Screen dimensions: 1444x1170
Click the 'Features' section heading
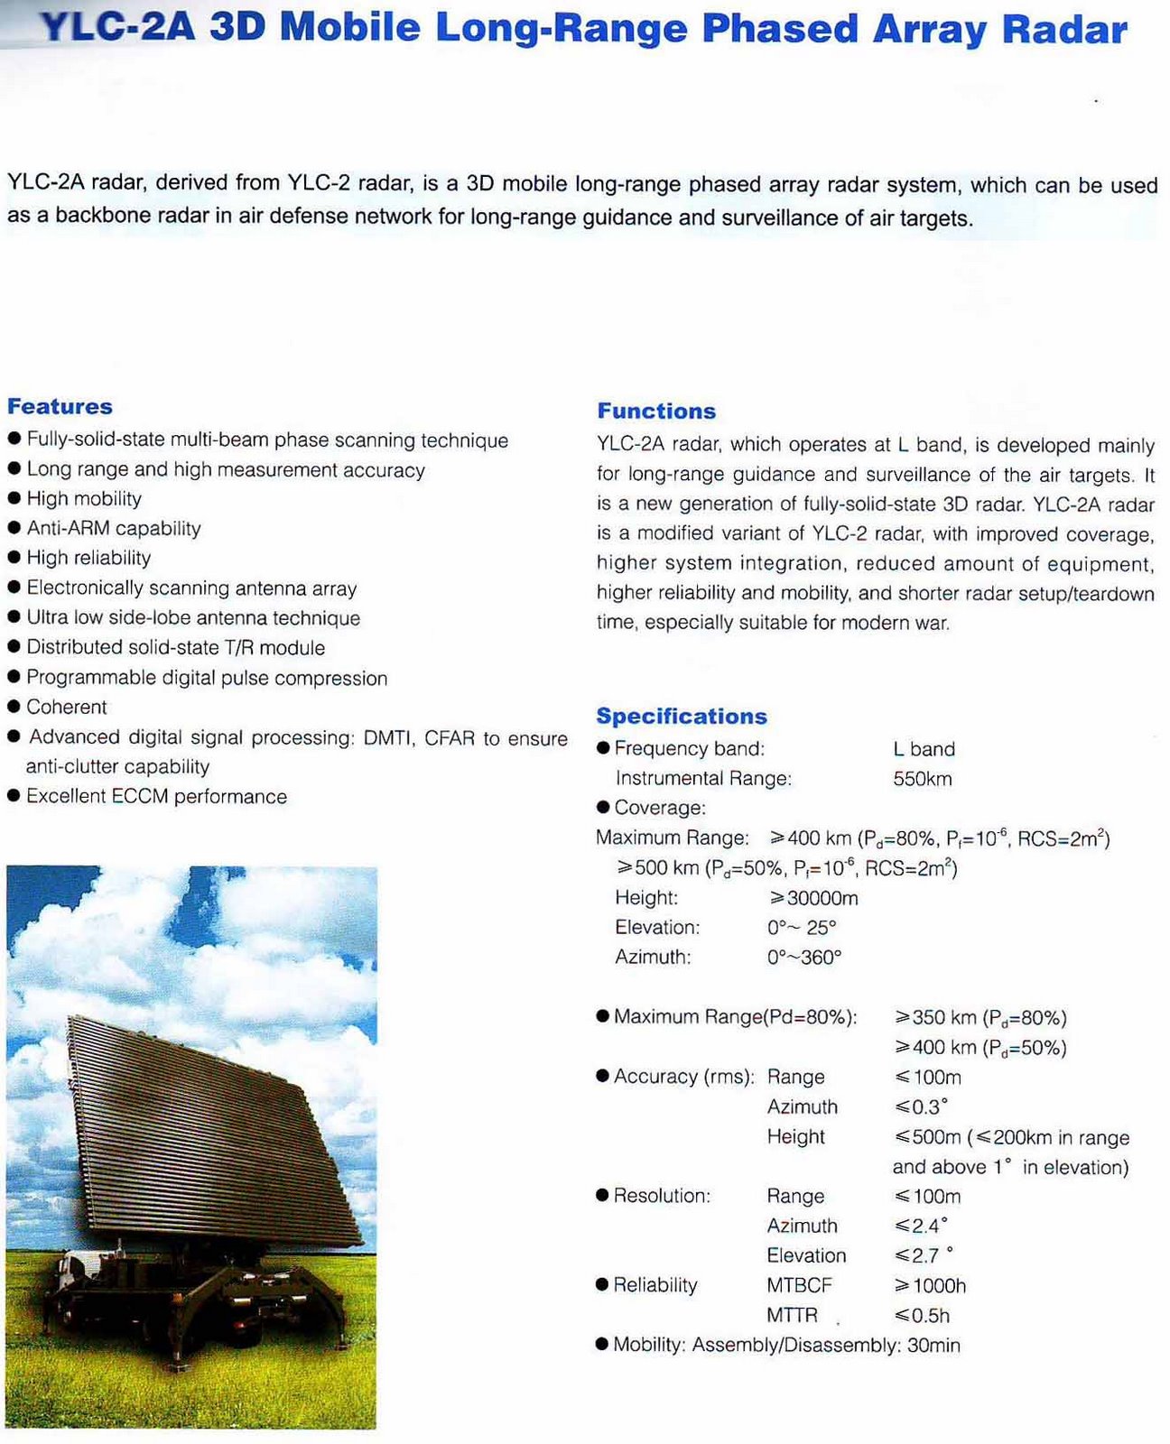point(60,406)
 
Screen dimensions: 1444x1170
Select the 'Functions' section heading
point(656,411)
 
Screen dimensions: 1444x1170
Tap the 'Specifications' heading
point(682,716)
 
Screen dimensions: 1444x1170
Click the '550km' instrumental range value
point(922,779)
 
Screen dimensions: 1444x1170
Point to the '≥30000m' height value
point(812,898)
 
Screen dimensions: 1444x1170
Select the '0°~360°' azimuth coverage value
point(803,957)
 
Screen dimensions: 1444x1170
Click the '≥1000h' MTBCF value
point(930,1285)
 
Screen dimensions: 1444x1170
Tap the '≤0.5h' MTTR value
point(922,1316)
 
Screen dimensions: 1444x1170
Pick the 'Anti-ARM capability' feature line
point(114,528)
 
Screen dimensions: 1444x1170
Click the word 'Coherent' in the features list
point(67,707)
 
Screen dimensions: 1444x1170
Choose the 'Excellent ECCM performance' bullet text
point(156,796)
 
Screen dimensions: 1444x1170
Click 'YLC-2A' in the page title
point(118,29)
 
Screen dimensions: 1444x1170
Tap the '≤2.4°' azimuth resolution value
point(921,1226)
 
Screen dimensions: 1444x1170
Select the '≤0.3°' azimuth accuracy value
point(921,1106)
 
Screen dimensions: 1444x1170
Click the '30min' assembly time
point(933,1345)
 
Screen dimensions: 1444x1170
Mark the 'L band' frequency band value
point(924,749)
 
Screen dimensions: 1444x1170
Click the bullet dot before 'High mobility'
point(14,499)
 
